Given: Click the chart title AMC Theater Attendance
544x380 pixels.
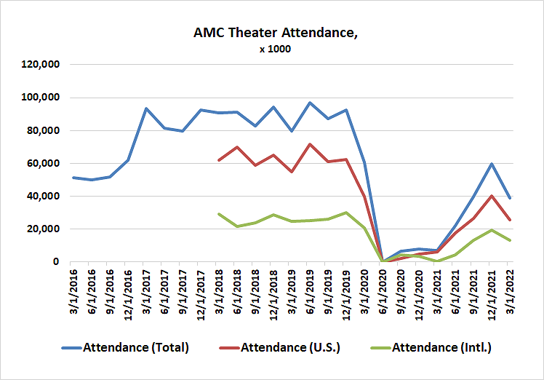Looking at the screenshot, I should [271, 33].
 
